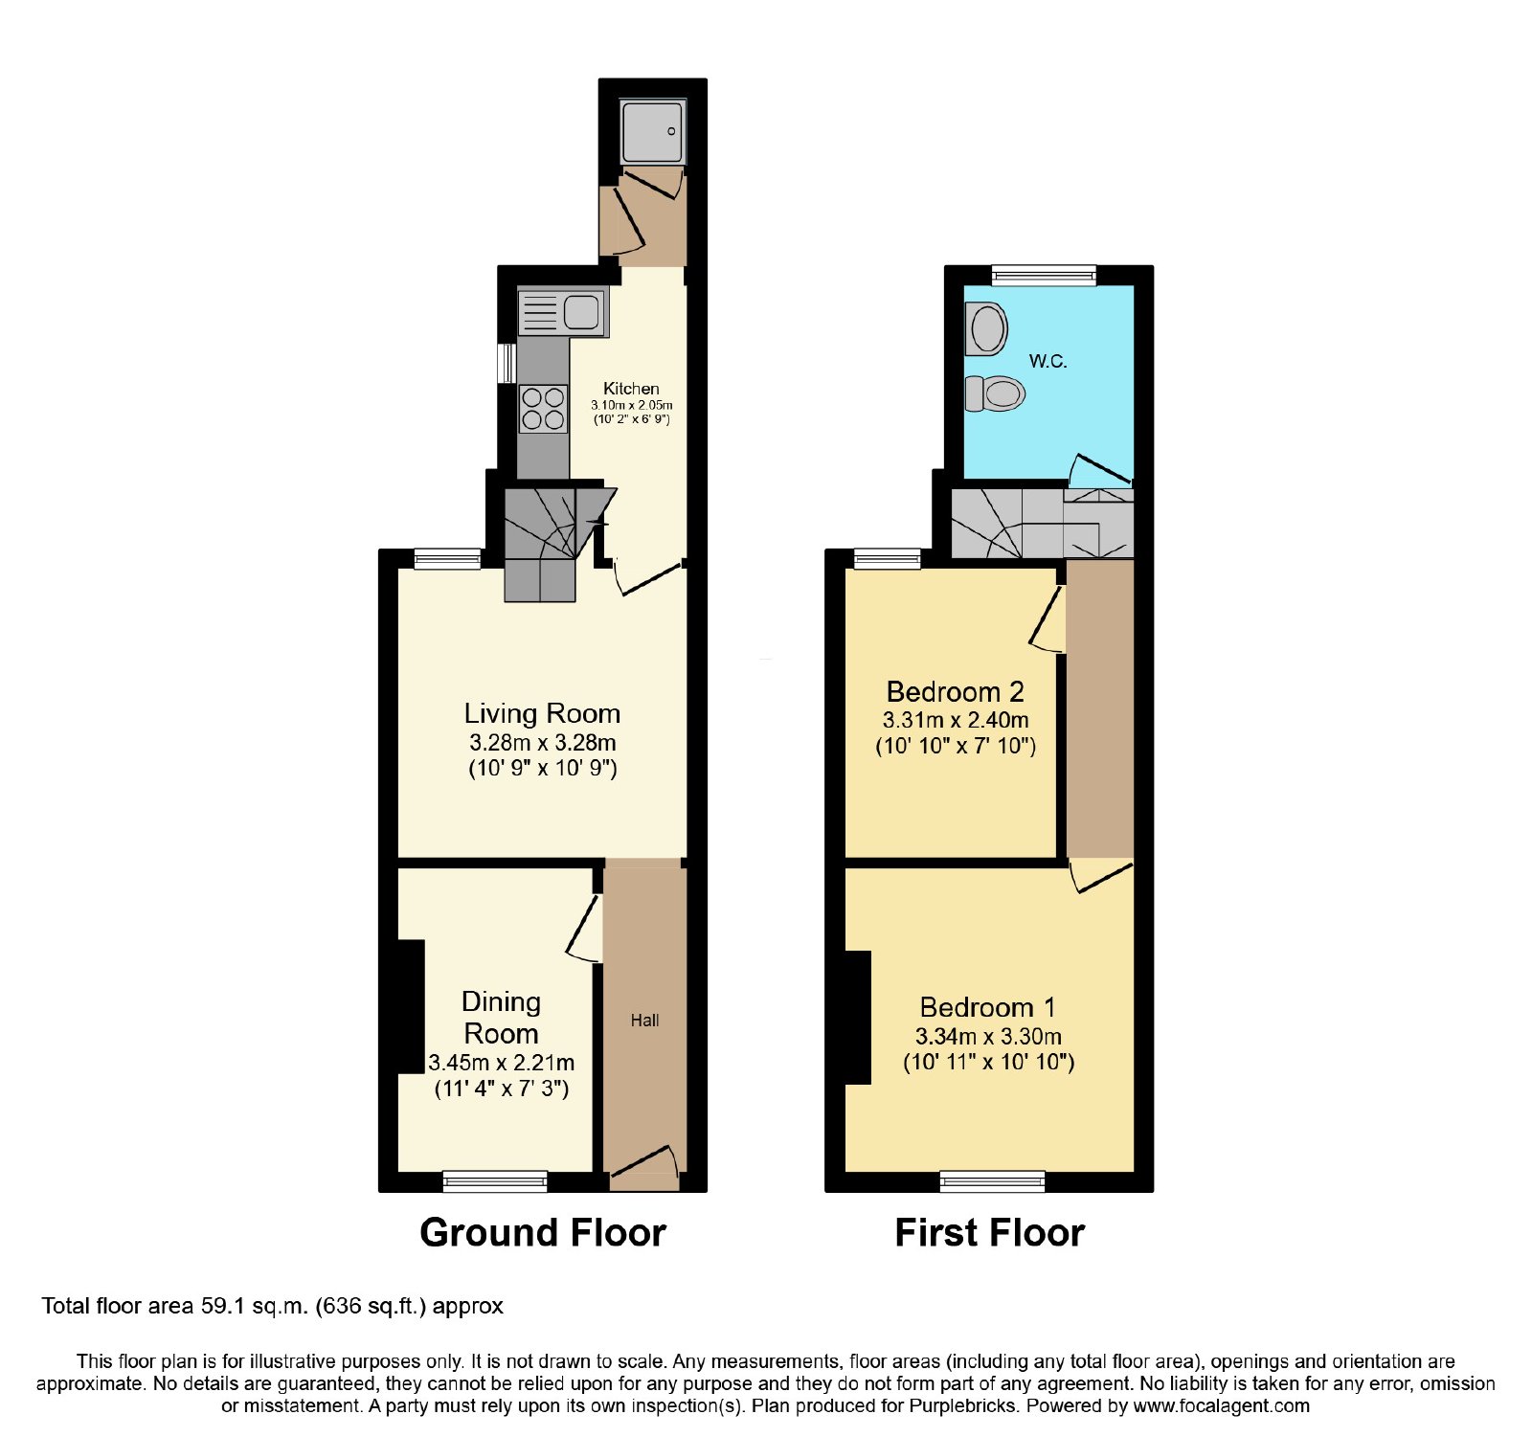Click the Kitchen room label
pyautogui.click(x=631, y=389)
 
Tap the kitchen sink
pyautogui.click(x=562, y=312)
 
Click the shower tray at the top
pyautogui.click(x=653, y=130)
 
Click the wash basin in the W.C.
pyautogui.click(x=987, y=328)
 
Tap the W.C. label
pyautogui.click(x=1048, y=361)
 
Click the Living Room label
pyautogui.click(x=542, y=713)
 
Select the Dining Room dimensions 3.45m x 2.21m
pyautogui.click(x=502, y=1063)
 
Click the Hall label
pyautogui.click(x=644, y=1021)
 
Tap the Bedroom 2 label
pyautogui.click(x=956, y=691)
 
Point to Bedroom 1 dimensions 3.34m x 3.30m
pyautogui.click(x=988, y=1037)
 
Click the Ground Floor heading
pyautogui.click(x=543, y=1233)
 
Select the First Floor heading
pyautogui.click(x=989, y=1233)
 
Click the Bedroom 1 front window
pyautogui.click(x=993, y=1181)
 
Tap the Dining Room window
pyautogui.click(x=495, y=1181)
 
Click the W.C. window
pyautogui.click(x=1044, y=276)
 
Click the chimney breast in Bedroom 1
pyautogui.click(x=858, y=1018)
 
